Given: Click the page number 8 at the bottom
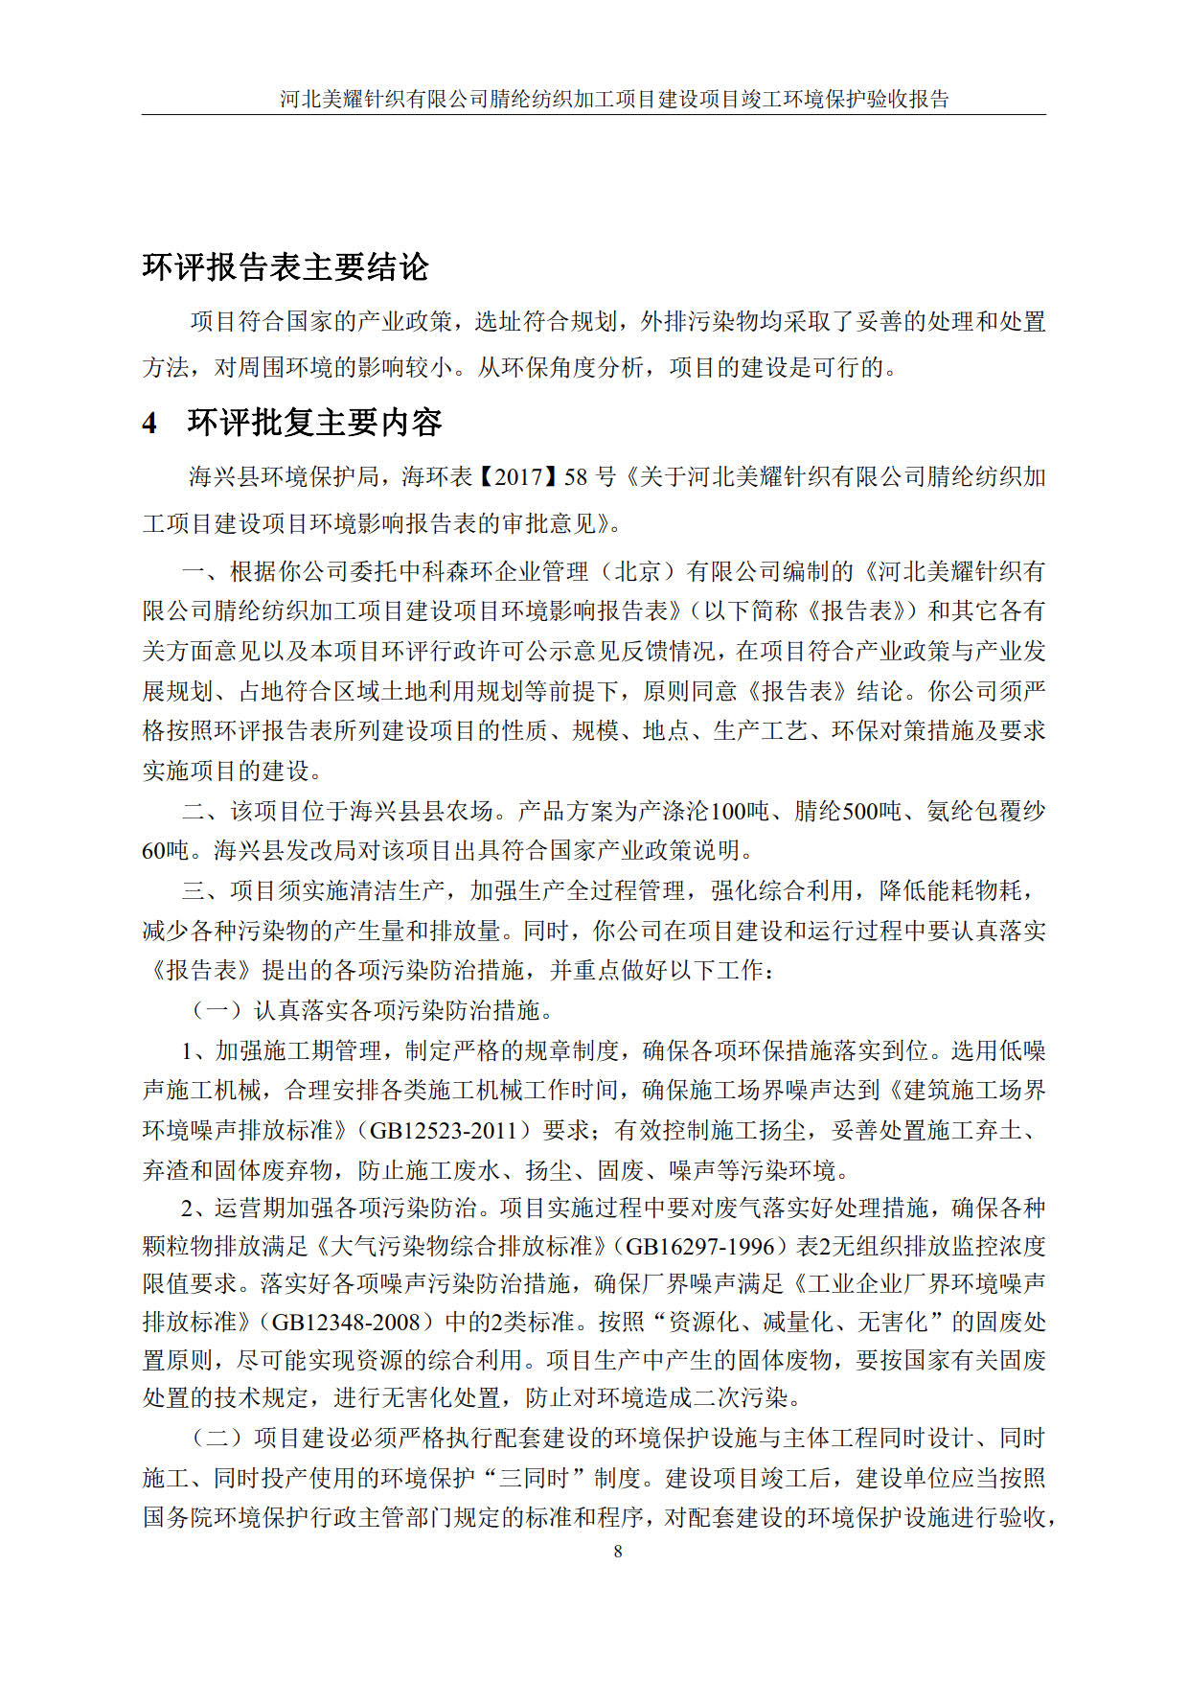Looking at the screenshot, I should click(x=618, y=1551).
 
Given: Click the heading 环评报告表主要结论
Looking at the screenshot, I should click(x=286, y=266).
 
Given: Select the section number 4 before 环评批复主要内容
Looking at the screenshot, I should click(x=149, y=423).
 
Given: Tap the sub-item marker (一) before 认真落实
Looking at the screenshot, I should click(x=217, y=1010).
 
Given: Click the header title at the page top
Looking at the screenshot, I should click(x=614, y=99).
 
